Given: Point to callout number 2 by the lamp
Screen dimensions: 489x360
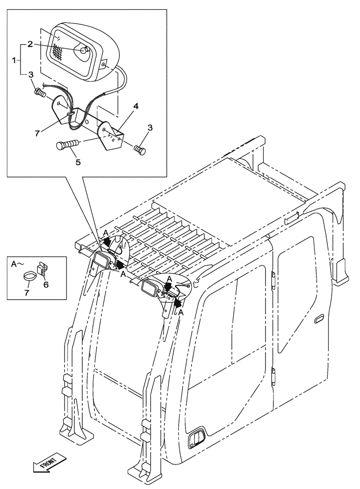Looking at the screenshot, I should click(30, 44).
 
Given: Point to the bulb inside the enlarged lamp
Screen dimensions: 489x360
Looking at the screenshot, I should click(84, 49).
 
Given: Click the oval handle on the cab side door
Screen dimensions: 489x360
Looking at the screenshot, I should click(318, 319).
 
